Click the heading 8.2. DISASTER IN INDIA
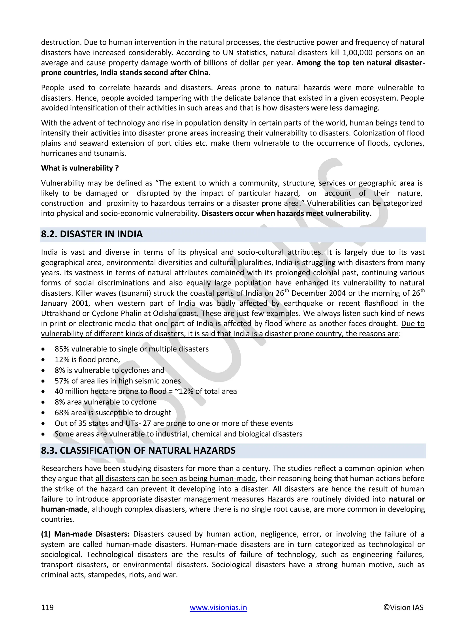tap(92, 234)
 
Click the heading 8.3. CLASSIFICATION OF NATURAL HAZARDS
tap(138, 450)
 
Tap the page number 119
tap(47, 607)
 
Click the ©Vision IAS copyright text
tap(403, 607)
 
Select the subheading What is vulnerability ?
tap(80, 168)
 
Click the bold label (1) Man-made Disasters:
tap(85, 534)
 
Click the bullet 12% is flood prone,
tap(87, 360)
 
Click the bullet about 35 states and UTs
tap(173, 423)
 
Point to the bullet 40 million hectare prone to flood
tap(146, 391)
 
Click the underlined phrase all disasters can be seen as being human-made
tap(175, 478)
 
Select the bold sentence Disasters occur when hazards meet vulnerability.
tap(286, 213)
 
